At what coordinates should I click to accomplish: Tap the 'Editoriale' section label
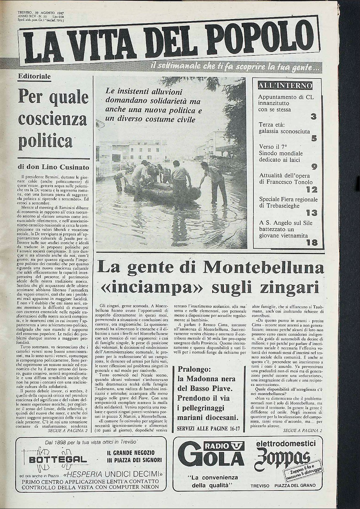click(x=34, y=76)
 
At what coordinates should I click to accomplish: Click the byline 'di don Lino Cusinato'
click(x=54, y=168)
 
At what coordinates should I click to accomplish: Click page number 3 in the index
click(x=313, y=117)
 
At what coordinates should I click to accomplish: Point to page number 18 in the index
click(x=312, y=243)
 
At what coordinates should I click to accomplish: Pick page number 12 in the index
click(x=312, y=189)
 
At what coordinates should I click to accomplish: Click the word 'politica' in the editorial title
click(x=45, y=141)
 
